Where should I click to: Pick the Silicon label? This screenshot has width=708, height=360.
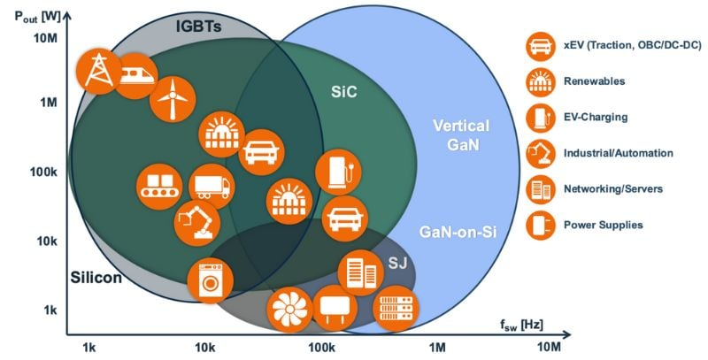point(96,279)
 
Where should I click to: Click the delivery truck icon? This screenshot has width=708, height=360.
point(211,186)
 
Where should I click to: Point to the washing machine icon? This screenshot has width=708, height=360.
point(210,279)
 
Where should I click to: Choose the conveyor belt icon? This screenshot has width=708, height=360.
point(159,186)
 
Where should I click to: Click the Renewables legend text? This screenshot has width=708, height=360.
point(588,80)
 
